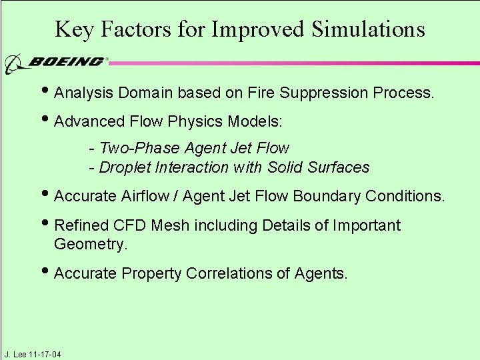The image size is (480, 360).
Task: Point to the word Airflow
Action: click(148, 196)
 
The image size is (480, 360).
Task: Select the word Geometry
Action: click(89, 245)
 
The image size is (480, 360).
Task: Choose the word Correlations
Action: click(240, 273)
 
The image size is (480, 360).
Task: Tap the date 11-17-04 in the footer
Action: click(45, 354)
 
